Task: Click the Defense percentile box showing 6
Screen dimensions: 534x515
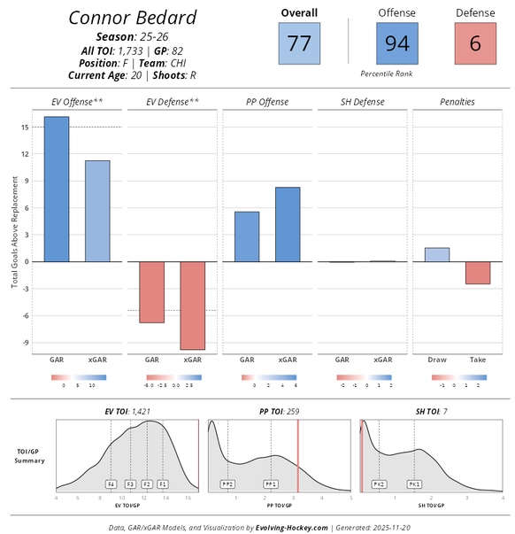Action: click(475, 43)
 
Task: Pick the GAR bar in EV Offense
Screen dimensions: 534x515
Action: click(57, 190)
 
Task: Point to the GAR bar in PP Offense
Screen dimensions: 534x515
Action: click(247, 236)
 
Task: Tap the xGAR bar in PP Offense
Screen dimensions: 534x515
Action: click(288, 224)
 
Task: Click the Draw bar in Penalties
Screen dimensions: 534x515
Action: click(437, 254)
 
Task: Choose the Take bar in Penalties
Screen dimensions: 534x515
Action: click(478, 273)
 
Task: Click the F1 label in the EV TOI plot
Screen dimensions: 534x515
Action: click(162, 484)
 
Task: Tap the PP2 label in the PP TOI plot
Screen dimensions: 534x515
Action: click(228, 484)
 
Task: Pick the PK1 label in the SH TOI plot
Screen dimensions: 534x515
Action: click(414, 484)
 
